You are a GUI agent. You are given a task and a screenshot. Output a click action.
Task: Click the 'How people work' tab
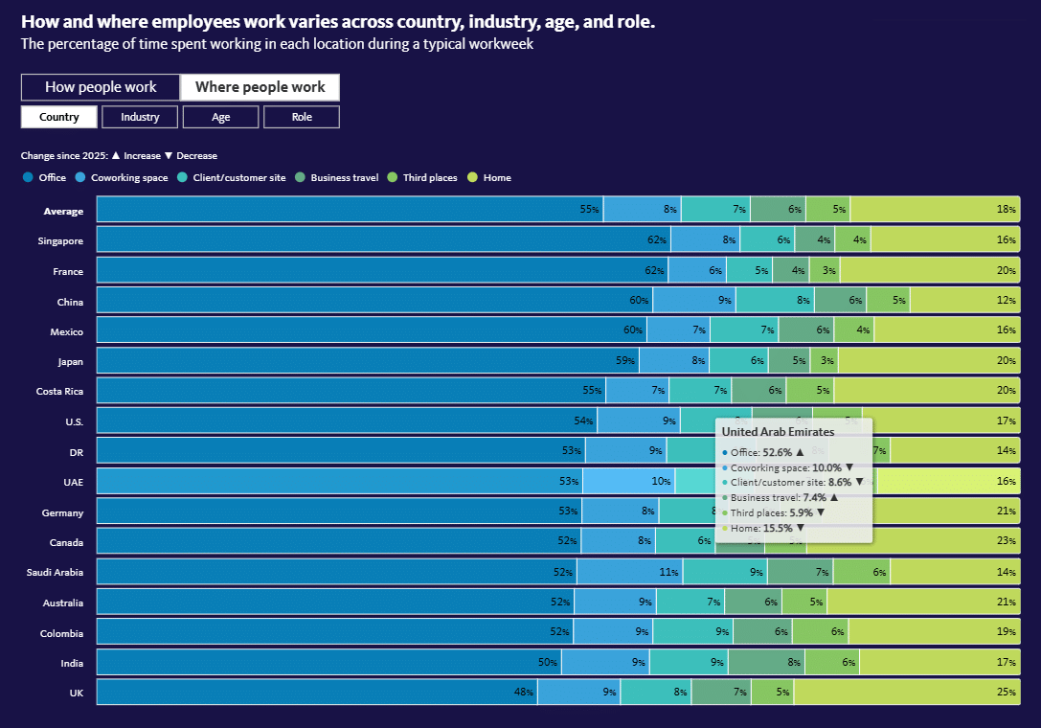(101, 87)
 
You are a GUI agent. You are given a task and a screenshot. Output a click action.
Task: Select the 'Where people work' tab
(260, 87)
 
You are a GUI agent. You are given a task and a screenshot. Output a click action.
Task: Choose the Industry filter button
(140, 117)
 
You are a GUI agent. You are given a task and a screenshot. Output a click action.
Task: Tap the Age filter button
(220, 117)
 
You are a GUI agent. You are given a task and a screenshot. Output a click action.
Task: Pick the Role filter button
(301, 117)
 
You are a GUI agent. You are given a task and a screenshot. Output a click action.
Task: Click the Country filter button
(58, 117)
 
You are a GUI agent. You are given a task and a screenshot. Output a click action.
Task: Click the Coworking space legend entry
(127, 177)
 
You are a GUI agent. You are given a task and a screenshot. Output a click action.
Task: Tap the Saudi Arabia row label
(56, 573)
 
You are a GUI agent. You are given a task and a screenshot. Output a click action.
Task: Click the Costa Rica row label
(58, 392)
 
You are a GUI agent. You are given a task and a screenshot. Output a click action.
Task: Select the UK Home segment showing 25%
(906, 692)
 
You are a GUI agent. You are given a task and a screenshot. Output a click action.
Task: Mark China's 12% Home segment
(964, 302)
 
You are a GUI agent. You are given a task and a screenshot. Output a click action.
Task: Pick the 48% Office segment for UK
(317, 692)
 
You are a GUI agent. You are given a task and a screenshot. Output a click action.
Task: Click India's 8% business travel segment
(766, 662)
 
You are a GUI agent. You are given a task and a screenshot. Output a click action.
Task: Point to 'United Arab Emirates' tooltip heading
(778, 432)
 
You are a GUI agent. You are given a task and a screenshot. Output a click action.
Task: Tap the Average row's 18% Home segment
(935, 209)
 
